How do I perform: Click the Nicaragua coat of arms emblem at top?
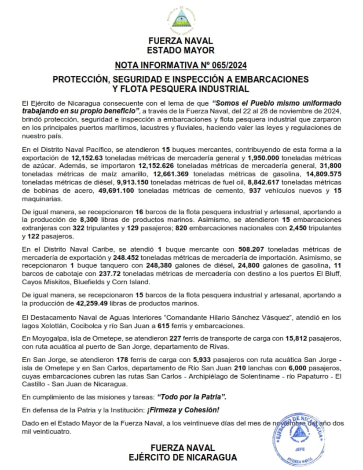(x=181, y=18)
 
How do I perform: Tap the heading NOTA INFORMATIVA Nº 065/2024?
(x=181, y=66)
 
